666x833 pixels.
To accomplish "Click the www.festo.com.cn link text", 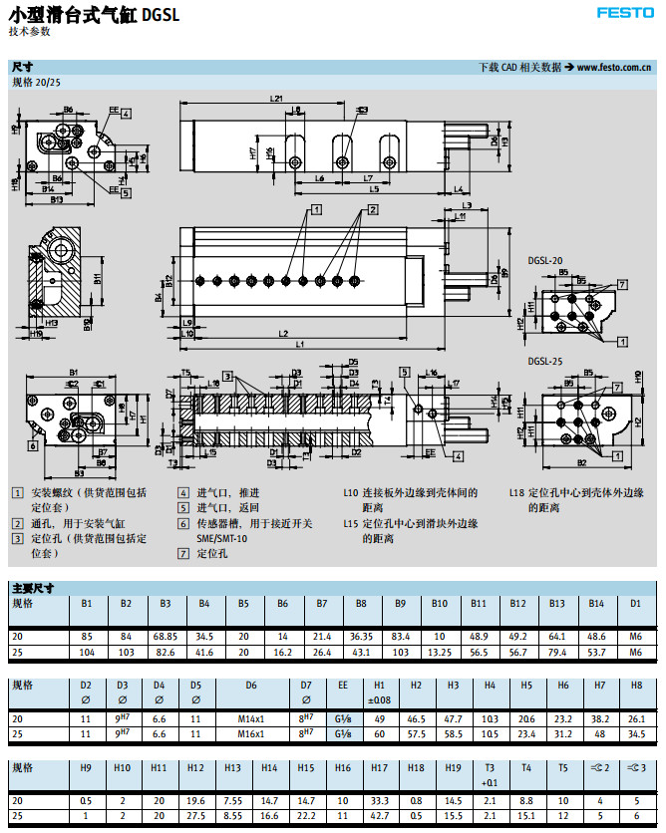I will point(614,68).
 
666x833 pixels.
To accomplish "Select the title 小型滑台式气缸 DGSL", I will point(94,14).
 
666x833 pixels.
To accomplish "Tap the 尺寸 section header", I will point(22,67).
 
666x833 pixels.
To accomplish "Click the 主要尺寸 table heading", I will point(33,588).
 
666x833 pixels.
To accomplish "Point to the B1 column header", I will point(87,604).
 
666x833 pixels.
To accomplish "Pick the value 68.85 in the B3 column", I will point(166,636).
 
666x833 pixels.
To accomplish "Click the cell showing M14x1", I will point(251,718).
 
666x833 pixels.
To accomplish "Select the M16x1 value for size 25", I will point(251,733).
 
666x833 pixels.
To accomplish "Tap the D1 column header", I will point(635,604).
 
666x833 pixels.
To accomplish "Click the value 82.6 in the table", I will point(166,651).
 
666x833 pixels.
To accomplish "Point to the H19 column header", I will point(453,768).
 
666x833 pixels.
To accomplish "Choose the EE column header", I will point(343,687).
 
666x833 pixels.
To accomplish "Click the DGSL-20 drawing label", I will point(545,260).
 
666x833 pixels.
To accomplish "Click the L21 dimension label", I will point(276,99).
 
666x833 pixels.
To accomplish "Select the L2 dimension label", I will point(283,333).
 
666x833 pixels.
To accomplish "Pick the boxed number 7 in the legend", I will point(183,553).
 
